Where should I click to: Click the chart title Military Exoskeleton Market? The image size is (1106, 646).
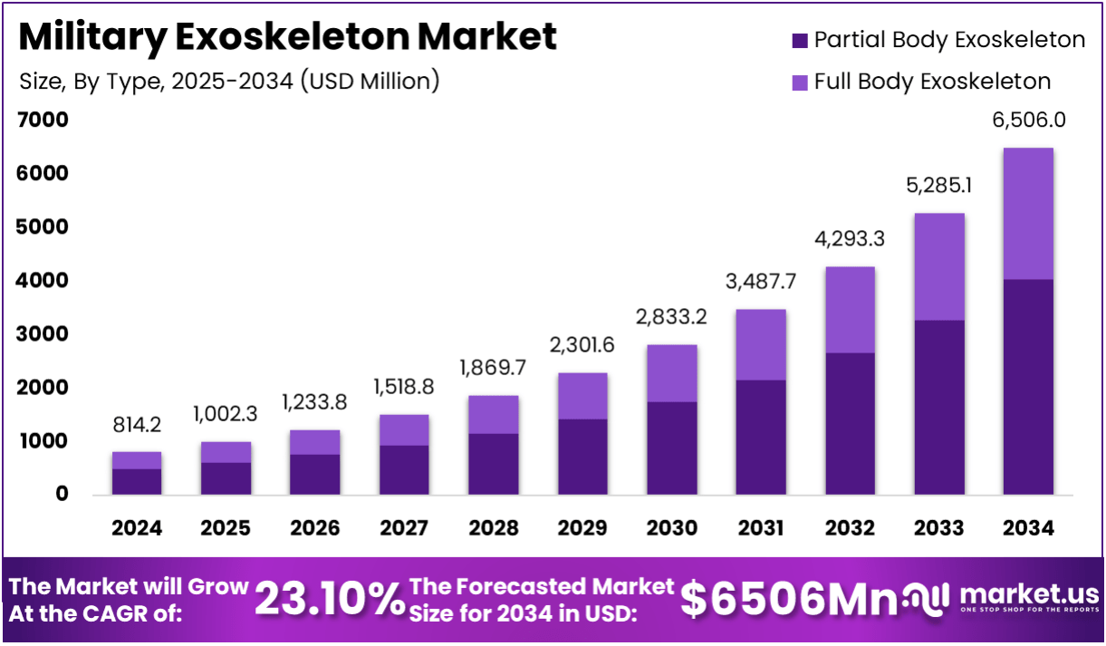click(287, 37)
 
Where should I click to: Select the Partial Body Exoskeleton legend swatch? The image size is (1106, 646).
click(799, 41)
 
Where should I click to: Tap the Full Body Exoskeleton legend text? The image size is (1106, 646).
click(932, 82)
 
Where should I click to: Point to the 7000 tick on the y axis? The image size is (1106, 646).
click(43, 120)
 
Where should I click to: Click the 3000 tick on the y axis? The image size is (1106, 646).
click(43, 333)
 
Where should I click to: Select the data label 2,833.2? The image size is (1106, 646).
click(671, 317)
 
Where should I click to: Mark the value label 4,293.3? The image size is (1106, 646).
click(850, 240)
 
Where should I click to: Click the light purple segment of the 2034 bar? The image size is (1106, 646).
click(1029, 213)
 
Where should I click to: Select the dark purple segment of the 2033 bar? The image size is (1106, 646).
click(939, 407)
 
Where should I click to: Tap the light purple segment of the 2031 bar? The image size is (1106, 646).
click(760, 344)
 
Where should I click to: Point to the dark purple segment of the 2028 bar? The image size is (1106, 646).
click(493, 463)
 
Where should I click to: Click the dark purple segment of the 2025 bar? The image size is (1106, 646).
click(226, 477)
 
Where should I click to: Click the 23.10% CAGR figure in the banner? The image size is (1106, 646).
click(329, 599)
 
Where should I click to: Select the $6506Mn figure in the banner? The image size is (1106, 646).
click(789, 599)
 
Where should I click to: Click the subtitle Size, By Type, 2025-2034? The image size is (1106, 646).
click(228, 82)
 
